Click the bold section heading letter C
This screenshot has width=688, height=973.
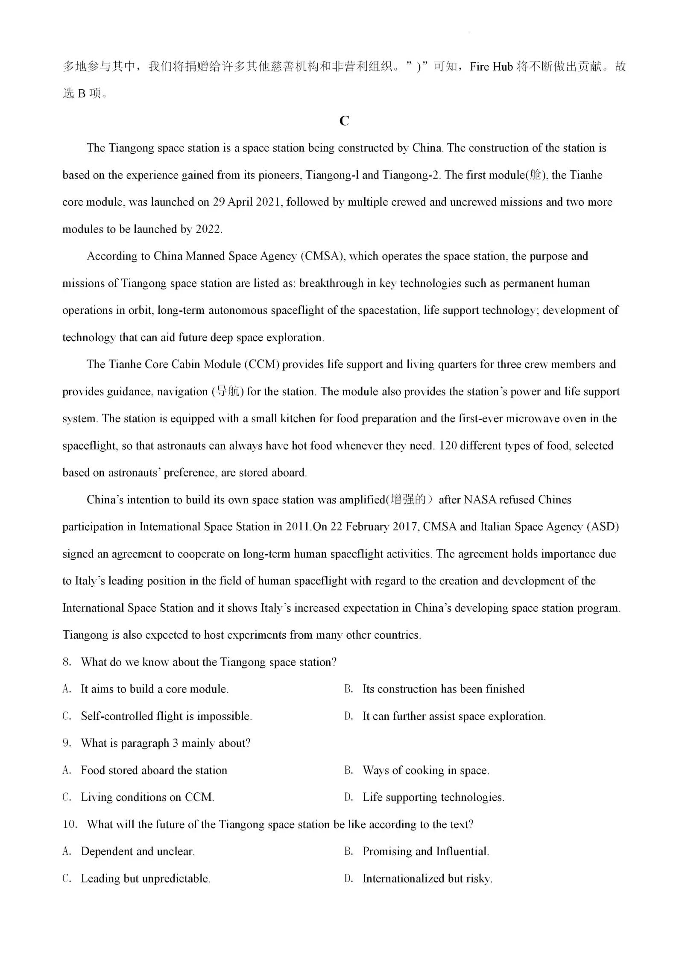(344, 121)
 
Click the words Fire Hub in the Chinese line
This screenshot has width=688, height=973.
(491, 67)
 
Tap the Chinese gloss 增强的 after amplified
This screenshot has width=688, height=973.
(408, 500)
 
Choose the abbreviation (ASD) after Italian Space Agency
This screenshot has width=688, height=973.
(603, 527)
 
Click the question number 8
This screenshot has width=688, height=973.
(67, 662)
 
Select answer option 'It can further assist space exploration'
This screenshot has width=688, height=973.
(454, 716)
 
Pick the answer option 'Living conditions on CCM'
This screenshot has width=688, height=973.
(147, 798)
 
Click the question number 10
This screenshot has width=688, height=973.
(70, 824)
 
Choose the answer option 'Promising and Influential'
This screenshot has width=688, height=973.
(425, 852)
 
